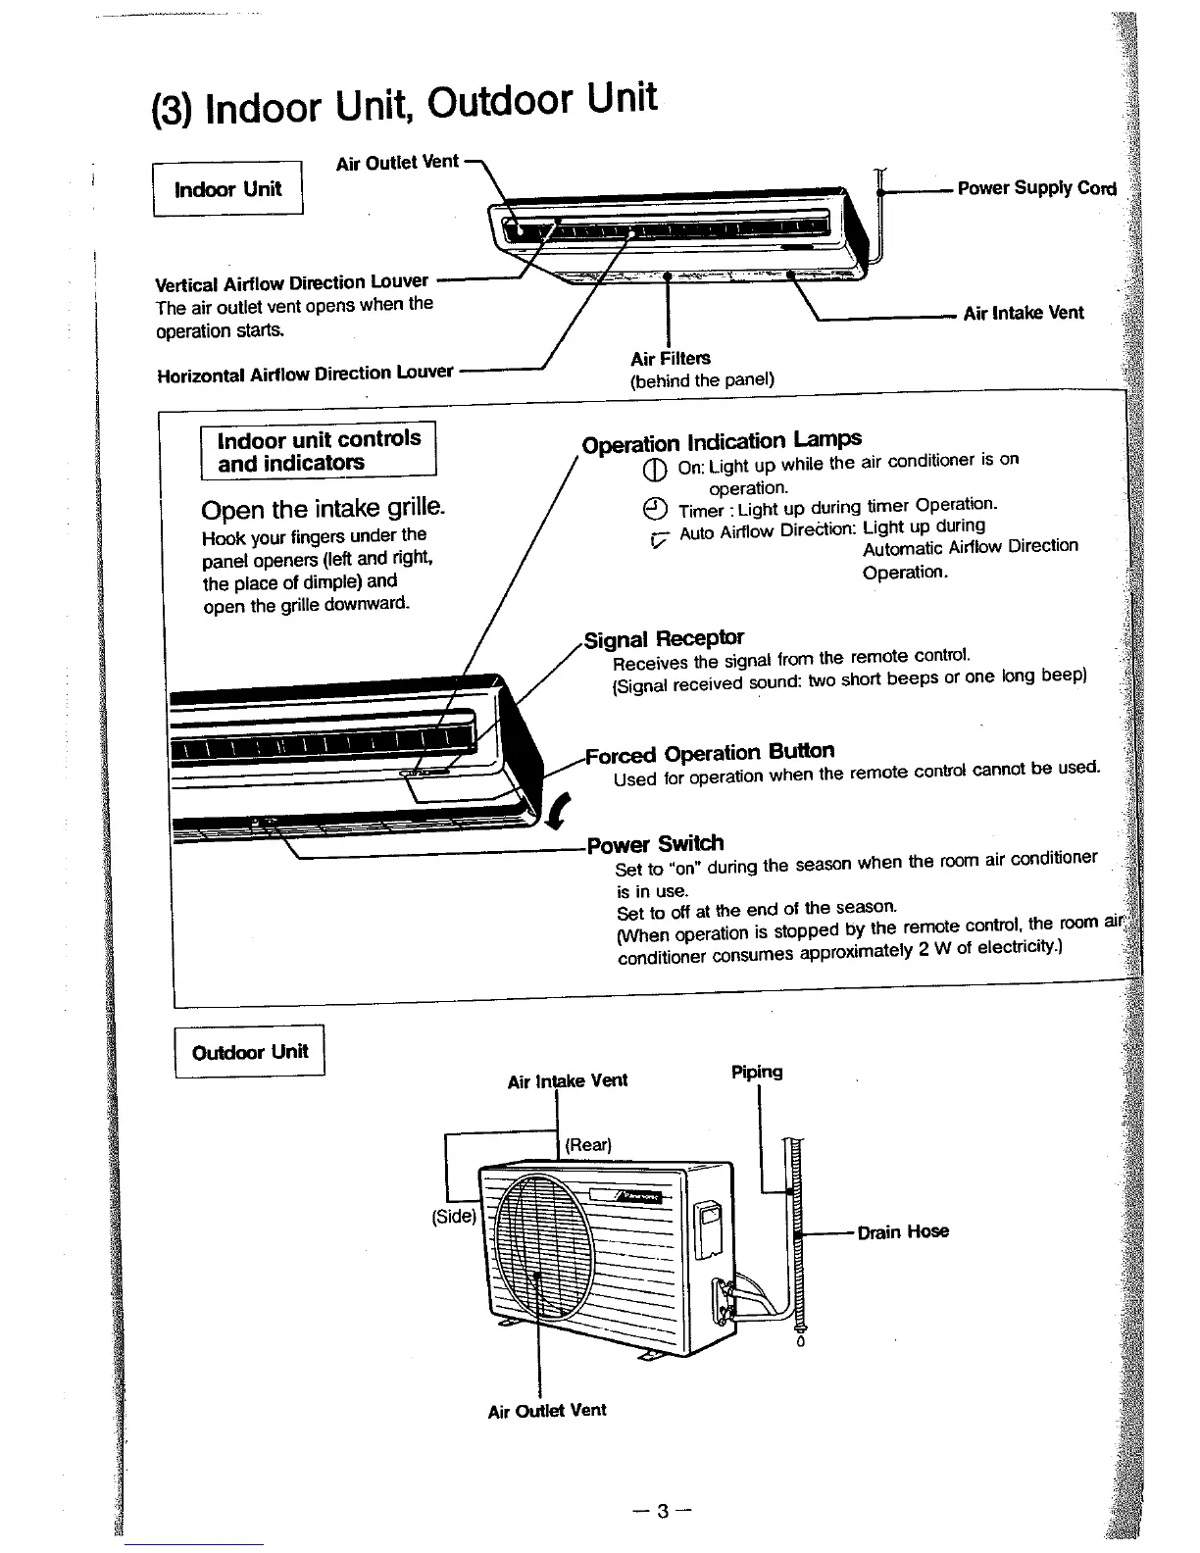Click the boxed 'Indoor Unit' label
[x=227, y=189]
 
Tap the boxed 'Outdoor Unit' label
[x=250, y=1052]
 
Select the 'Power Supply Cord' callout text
[x=1036, y=188]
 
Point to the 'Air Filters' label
[x=671, y=358]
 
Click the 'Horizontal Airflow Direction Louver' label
[x=305, y=374]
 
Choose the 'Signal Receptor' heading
[x=664, y=640]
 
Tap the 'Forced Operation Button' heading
[x=710, y=753]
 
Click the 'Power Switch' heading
[x=655, y=844]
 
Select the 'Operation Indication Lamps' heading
[x=722, y=441]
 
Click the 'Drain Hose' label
[x=903, y=1231]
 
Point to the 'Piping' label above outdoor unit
[x=757, y=1072]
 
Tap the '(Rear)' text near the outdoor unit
[x=588, y=1145]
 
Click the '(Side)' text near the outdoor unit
[x=454, y=1217]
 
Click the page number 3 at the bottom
[x=663, y=1511]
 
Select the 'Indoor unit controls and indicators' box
[x=319, y=451]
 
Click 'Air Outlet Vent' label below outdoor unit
[x=547, y=1410]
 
